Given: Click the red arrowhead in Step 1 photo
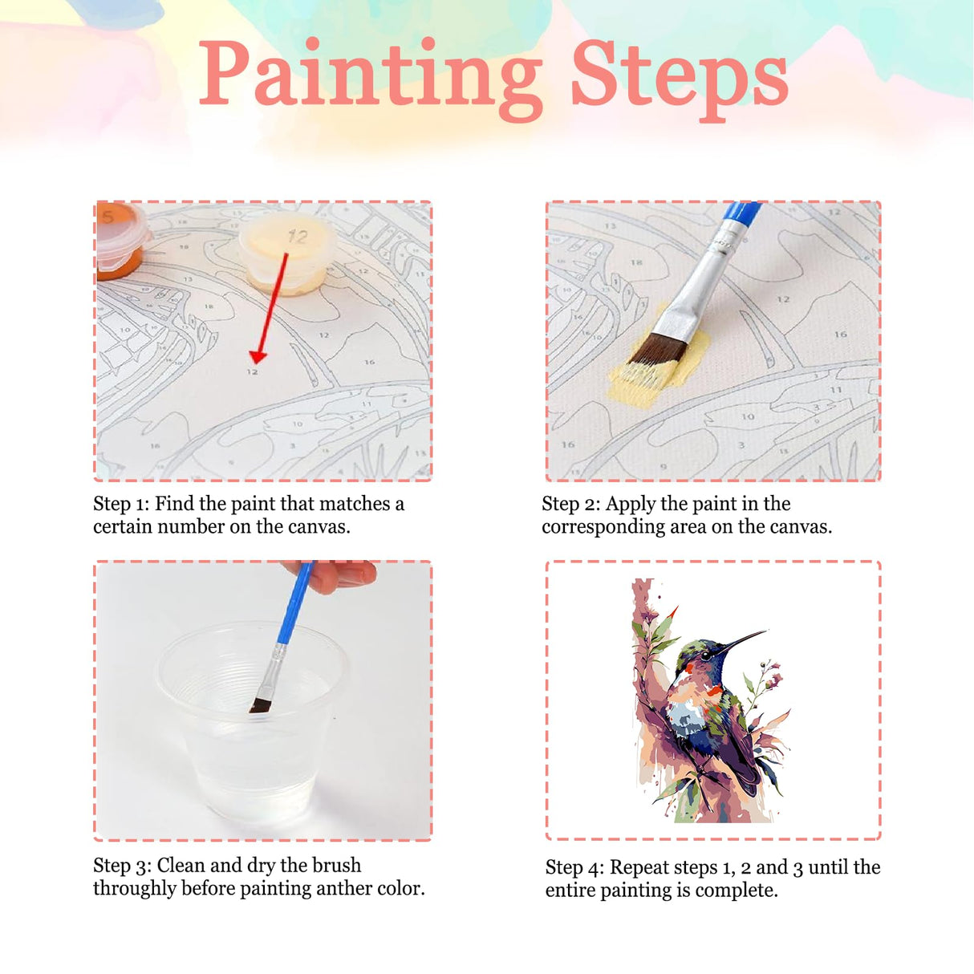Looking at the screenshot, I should pos(258,355).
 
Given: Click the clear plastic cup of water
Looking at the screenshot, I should pos(253,722).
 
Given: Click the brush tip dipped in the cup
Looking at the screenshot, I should pos(259,705).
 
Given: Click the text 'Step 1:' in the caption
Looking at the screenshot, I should pos(121,504).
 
